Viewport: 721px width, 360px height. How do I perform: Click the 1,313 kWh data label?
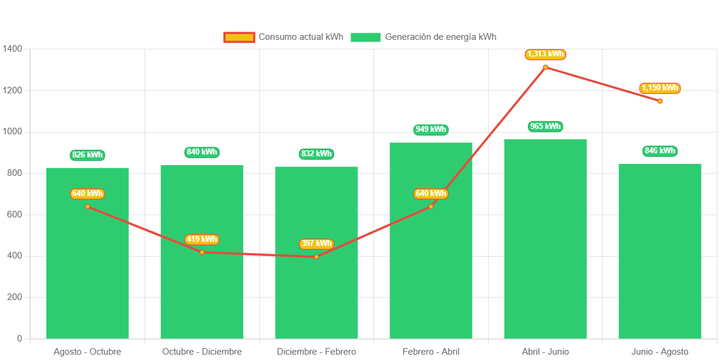pyautogui.click(x=545, y=55)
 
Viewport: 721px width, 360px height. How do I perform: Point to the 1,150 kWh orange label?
pyautogui.click(x=660, y=88)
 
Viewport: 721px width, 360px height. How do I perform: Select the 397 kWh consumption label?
pyautogui.click(x=316, y=244)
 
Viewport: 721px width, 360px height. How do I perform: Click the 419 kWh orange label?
pyautogui.click(x=202, y=239)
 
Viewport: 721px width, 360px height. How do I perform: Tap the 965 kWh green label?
pyautogui.click(x=545, y=127)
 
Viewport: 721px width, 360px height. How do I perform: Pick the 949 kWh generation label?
pyautogui.click(x=431, y=130)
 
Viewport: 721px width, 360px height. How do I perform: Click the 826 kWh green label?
pyautogui.click(x=87, y=155)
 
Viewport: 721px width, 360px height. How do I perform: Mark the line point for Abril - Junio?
pyautogui.click(x=545, y=67)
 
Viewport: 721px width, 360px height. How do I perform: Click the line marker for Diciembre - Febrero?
pyautogui.click(x=316, y=257)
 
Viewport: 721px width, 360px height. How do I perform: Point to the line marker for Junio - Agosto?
pyautogui.click(x=660, y=101)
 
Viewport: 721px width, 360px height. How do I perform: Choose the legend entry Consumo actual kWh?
pyautogui.click(x=284, y=37)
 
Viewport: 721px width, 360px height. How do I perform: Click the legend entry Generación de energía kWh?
pyautogui.click(x=423, y=37)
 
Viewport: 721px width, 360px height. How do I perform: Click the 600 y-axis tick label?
pyautogui.click(x=14, y=214)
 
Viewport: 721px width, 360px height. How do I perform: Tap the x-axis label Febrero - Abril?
pyautogui.click(x=431, y=352)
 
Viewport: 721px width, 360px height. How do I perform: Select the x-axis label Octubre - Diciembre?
pyautogui.click(x=202, y=352)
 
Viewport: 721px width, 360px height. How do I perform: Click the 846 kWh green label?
pyautogui.click(x=660, y=151)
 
